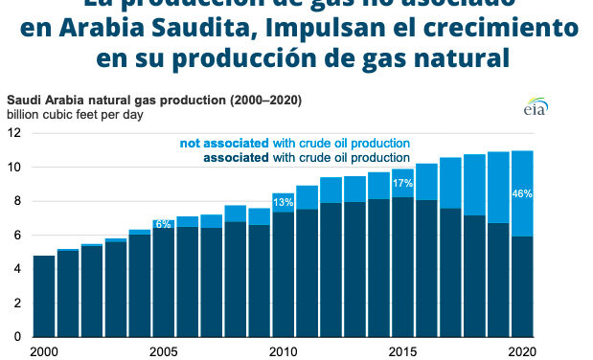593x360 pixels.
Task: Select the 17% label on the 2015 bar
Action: click(402, 183)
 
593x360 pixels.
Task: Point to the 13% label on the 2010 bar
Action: click(284, 202)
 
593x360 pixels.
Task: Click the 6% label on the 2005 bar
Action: click(163, 223)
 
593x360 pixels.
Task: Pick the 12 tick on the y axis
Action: click(14, 133)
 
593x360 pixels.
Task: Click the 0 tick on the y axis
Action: click(17, 337)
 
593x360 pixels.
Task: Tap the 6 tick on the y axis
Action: click(17, 236)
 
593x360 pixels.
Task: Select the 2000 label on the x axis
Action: click(44, 350)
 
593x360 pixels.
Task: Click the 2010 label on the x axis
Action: click(284, 350)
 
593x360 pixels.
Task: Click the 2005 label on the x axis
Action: click(164, 350)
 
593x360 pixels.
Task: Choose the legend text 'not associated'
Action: click(222, 143)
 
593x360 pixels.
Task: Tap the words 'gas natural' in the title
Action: click(429, 57)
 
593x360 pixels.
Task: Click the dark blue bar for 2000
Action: click(44, 297)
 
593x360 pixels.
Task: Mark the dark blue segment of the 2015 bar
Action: click(402, 268)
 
